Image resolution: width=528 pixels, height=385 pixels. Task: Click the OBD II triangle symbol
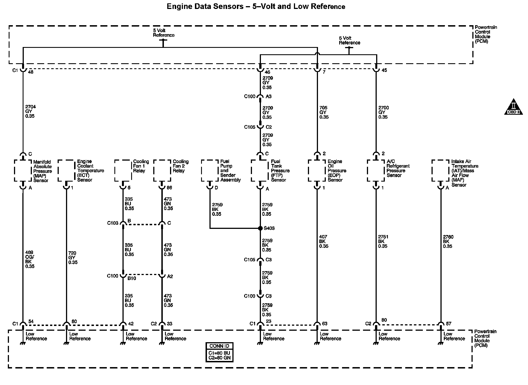tap(513, 107)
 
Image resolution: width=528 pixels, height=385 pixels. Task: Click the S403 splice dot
tap(260, 228)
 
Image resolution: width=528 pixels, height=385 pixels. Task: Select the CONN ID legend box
tap(219, 352)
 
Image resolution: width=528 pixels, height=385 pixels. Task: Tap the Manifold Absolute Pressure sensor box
tap(23, 171)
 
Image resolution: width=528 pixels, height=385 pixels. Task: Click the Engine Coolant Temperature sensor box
tap(66, 171)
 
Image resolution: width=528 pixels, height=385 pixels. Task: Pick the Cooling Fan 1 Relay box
tap(123, 170)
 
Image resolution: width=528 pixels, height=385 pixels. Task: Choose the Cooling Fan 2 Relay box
tap(162, 170)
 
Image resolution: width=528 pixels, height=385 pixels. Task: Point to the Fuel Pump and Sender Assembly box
tap(210, 170)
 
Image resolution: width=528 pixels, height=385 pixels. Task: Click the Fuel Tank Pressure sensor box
tap(260, 171)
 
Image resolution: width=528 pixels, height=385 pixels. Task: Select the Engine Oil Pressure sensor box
tap(317, 171)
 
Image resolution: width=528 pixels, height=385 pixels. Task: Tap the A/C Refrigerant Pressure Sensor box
tap(376, 171)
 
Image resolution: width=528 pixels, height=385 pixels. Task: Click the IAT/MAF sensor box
tap(440, 171)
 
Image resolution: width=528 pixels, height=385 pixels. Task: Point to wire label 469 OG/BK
tap(30, 259)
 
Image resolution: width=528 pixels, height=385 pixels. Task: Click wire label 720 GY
tap(73, 258)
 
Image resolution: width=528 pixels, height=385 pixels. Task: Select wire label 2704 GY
tap(30, 111)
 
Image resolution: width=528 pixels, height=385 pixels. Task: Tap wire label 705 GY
tap(324, 112)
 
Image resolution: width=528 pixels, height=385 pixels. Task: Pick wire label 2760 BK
tap(448, 241)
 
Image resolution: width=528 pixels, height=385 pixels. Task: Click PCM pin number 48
tap(31, 72)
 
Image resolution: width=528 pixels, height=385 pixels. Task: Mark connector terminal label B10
tap(132, 278)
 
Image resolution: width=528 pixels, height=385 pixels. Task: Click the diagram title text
tap(256, 6)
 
